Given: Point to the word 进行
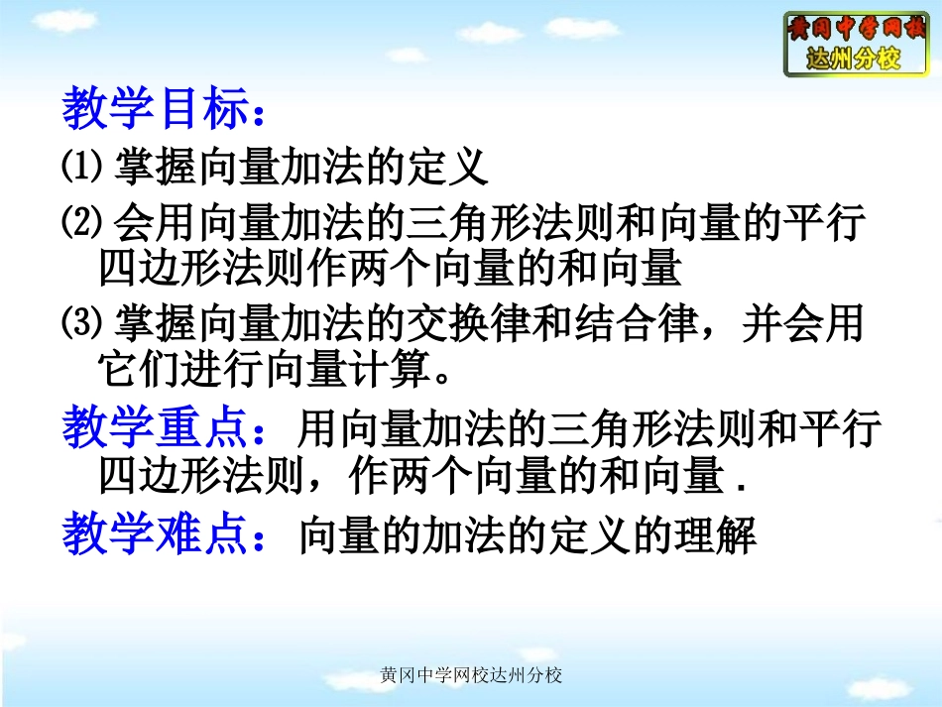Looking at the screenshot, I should [225, 371].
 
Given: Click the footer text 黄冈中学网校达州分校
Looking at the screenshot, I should [471, 676].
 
